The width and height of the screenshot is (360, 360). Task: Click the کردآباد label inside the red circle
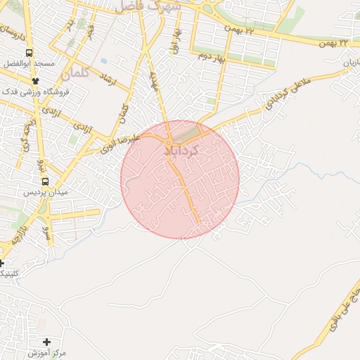[181, 150]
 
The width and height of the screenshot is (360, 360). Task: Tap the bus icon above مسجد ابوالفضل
[29, 53]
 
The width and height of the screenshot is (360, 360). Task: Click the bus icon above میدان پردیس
[46, 181]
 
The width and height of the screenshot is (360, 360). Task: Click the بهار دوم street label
[210, 55]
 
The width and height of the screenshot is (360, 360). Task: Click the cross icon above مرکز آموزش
[47, 341]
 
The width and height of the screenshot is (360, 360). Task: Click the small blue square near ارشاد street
[103, 61]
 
